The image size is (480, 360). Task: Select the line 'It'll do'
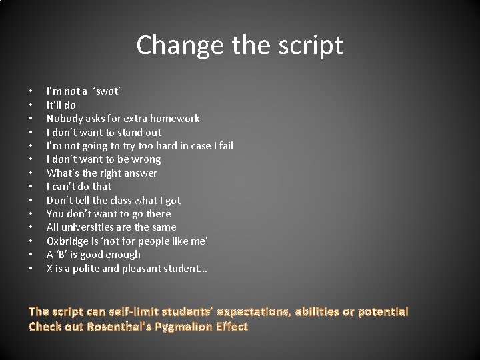(x=61, y=105)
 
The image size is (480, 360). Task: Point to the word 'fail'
(x=225, y=145)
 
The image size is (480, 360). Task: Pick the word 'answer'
(x=140, y=173)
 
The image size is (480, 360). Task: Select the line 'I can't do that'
(x=79, y=186)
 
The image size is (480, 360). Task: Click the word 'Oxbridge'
(x=67, y=241)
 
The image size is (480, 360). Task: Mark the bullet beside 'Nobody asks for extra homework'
(x=31, y=119)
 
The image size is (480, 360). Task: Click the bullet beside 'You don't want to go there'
(x=31, y=214)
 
